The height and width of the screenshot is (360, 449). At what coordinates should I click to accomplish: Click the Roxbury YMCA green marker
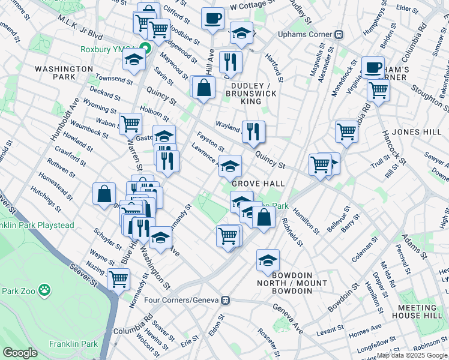144,50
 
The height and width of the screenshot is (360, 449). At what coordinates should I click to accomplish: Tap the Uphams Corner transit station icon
339,34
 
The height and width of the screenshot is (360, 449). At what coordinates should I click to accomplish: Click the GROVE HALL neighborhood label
258,184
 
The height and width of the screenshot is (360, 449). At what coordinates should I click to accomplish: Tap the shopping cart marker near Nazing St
119,278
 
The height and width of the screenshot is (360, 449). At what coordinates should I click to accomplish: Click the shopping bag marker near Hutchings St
104,194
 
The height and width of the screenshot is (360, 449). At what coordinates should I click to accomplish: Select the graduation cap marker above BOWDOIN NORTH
268,260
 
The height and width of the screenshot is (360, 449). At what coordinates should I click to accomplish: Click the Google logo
20,352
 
